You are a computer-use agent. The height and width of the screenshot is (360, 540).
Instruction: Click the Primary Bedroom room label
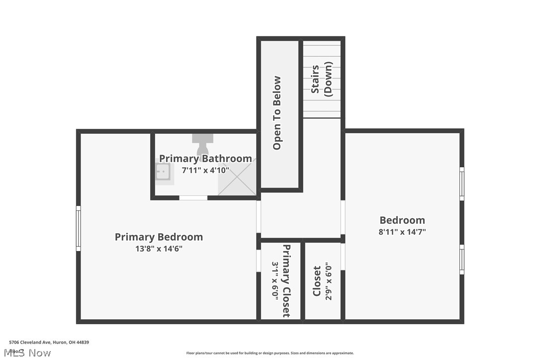coord(159,237)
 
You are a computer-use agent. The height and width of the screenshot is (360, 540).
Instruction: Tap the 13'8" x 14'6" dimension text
coord(159,249)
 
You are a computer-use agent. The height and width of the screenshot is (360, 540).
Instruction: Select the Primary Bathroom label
coord(205,159)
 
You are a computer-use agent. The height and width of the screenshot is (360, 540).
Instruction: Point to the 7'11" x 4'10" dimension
coord(205,170)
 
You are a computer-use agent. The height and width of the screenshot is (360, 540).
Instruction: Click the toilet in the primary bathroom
coord(202,145)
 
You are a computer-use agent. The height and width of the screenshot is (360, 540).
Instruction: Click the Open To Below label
coord(277,113)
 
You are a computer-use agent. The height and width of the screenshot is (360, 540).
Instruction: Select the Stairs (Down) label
coord(321,79)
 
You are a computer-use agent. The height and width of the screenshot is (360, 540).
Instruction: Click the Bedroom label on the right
coord(402,220)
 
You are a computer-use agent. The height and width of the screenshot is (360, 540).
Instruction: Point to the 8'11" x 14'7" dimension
coord(402,232)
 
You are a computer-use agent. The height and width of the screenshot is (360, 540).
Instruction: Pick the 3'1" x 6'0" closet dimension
coord(275,280)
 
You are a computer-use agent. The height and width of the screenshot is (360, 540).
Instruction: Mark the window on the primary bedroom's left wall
coord(78,228)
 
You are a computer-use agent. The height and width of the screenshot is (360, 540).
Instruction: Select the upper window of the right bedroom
coord(461,183)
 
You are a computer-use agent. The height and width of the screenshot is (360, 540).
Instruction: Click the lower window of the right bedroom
coord(461,259)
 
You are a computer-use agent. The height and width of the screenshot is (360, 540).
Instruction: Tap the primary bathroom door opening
coord(193,198)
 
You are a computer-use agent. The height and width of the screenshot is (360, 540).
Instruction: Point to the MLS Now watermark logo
coord(30,353)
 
